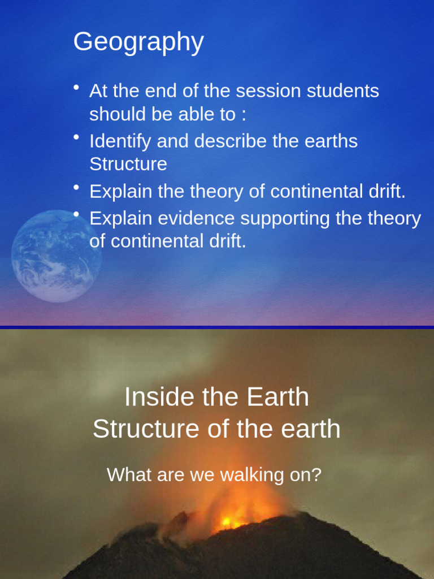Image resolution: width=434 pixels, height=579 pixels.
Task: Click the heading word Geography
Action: tap(138, 42)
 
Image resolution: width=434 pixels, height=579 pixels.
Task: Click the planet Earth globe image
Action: tap(55, 256)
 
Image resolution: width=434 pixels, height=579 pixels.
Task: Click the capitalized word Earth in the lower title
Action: tap(278, 397)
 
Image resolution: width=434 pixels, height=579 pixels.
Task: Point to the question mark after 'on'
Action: tap(316, 474)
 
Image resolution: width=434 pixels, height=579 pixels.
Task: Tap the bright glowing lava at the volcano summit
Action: tap(229, 521)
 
